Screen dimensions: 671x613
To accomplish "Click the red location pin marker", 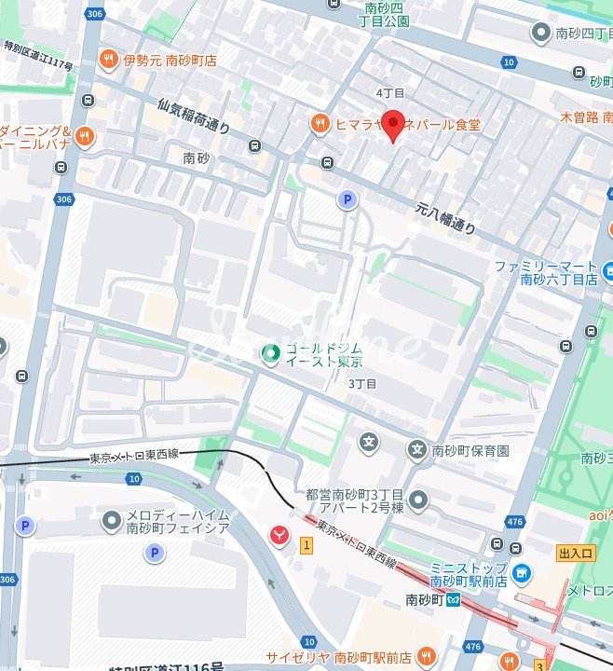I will (x=394, y=125).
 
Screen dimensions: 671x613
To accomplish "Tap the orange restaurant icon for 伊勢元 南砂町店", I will (x=109, y=59).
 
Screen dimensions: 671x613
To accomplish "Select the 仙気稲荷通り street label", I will (x=193, y=117).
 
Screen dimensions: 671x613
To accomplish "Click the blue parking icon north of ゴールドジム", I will (x=347, y=199).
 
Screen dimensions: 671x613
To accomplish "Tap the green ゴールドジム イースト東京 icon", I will (x=270, y=353).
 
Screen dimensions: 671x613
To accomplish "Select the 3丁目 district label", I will (x=361, y=384).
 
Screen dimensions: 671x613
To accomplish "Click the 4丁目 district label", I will (x=389, y=93).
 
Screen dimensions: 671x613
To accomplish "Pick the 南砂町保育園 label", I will (x=470, y=451).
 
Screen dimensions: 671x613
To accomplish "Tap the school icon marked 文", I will (x=370, y=442).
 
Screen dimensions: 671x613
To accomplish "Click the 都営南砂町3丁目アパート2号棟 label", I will (x=354, y=501).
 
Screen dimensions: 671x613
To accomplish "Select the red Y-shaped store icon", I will (x=278, y=534).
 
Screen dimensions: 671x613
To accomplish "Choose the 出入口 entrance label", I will (x=576, y=553).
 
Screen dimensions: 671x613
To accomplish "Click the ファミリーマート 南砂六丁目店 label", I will (x=546, y=272).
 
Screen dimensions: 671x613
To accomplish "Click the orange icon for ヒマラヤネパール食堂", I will (x=320, y=123).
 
